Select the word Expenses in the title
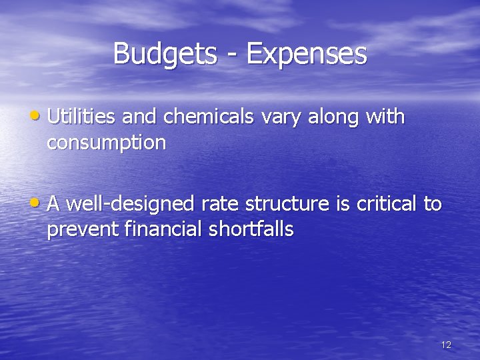click(x=307, y=54)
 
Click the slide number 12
click(x=446, y=345)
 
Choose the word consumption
click(x=107, y=143)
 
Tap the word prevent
click(x=83, y=230)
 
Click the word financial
click(x=164, y=229)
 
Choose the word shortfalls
click(x=251, y=229)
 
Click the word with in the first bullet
click(x=385, y=117)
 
